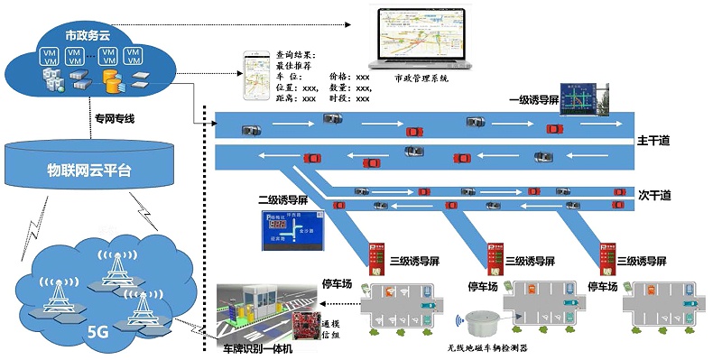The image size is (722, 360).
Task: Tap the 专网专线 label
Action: [x=116, y=118]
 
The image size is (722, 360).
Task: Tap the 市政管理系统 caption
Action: [x=421, y=78]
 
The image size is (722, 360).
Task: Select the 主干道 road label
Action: [x=653, y=142]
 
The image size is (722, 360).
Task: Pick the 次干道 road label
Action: [x=652, y=195]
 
